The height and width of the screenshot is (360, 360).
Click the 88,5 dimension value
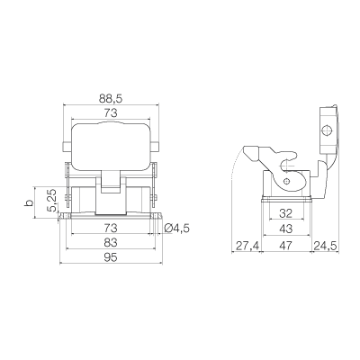111,99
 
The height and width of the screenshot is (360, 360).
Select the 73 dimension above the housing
111,113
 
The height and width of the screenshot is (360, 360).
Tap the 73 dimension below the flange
111,229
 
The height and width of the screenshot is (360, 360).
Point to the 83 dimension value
111,242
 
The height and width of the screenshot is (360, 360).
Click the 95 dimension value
111,257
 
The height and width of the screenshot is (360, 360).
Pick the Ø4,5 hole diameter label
177,229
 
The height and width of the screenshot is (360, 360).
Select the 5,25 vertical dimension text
52,201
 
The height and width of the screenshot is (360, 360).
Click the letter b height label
29,203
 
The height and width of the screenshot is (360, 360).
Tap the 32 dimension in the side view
285,213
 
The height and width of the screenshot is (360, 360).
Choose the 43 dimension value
285,229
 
